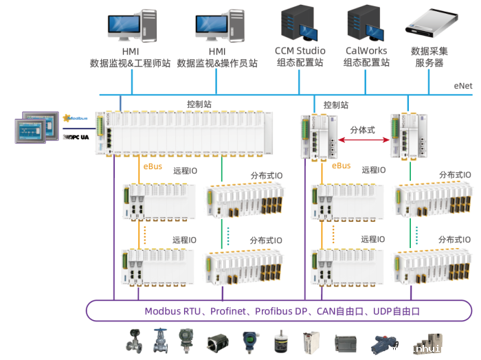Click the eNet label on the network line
462,86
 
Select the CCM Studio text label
300,51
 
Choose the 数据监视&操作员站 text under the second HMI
217,63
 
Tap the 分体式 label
363,128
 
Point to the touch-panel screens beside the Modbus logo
33,128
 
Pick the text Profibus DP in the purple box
282,311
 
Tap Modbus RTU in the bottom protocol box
172,311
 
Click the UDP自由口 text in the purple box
396,311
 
